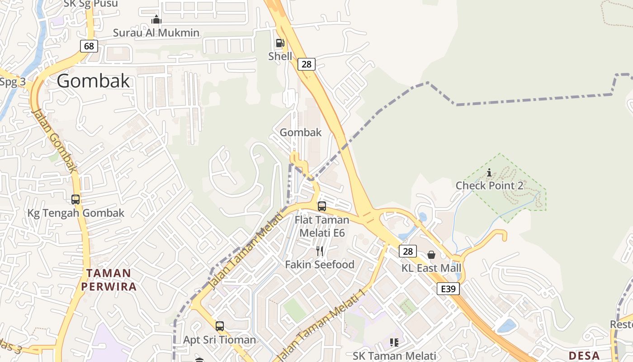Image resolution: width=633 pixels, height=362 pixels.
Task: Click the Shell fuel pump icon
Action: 280,43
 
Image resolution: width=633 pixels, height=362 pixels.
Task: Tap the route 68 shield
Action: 89,46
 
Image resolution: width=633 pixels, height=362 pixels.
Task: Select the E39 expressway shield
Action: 448,289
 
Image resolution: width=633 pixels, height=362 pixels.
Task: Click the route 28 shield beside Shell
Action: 307,64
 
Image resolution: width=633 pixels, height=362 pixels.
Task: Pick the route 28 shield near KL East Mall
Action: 407,251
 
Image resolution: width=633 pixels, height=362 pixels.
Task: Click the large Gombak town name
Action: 94,81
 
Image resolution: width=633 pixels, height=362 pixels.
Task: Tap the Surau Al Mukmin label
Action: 156,33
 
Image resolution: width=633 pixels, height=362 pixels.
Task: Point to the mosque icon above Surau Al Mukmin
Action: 156,19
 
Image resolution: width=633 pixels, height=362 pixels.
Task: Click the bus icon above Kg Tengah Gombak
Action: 76,199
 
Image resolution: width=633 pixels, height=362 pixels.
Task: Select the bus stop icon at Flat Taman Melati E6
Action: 322,206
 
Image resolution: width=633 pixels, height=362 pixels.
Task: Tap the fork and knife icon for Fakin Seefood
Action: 320,251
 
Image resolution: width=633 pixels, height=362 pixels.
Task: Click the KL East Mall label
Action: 431,268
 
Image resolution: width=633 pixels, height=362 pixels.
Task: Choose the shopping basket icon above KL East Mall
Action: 431,255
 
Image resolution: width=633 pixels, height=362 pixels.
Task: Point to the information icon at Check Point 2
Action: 489,172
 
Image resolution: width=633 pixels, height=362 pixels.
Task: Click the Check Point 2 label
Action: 489,186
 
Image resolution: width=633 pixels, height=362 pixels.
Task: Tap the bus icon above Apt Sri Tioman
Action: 220,326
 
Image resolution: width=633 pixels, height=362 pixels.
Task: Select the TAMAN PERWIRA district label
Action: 109,280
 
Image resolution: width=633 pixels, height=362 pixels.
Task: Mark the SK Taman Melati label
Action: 394,356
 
